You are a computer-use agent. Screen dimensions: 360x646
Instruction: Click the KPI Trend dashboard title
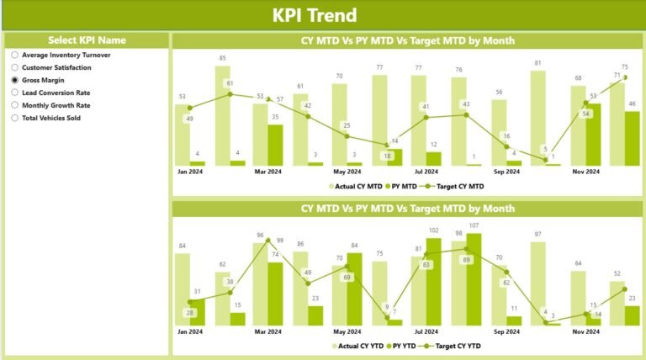pyautogui.click(x=315, y=15)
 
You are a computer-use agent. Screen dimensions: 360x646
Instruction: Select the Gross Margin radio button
pyautogui.click(x=15, y=80)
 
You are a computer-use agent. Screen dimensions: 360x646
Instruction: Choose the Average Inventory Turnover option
pyautogui.click(x=15, y=55)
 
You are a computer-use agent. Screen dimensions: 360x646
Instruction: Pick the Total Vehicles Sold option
pyautogui.click(x=15, y=118)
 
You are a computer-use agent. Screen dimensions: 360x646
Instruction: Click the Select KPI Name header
pyautogui.click(x=87, y=40)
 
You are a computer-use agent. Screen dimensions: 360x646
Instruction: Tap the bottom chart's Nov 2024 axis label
pyautogui.click(x=587, y=331)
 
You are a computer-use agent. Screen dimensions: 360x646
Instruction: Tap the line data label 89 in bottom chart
pyautogui.click(x=466, y=260)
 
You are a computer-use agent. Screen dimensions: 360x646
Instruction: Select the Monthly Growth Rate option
pyautogui.click(x=15, y=105)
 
